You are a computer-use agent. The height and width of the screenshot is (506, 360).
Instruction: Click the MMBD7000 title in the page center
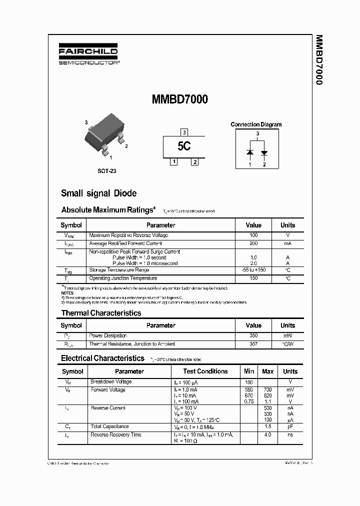179,99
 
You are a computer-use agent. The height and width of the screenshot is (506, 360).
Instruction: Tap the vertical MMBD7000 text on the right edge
318,60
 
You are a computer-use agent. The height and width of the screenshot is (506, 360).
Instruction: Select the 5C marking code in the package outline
184,146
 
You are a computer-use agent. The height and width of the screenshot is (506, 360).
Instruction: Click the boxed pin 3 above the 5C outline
184,132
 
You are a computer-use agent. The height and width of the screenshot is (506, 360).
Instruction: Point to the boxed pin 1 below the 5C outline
173,161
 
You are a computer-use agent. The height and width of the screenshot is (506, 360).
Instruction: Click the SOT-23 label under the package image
106,171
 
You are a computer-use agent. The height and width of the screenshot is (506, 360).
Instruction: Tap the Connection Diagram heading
256,124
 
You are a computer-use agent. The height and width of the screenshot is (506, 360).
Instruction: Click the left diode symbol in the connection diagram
250,152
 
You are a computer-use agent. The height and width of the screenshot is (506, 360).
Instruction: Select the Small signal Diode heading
98,193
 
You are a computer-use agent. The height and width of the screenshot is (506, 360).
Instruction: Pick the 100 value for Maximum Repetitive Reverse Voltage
253,235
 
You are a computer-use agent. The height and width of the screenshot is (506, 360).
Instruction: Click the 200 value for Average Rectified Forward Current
253,243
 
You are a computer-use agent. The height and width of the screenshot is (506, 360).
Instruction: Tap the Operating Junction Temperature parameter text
123,278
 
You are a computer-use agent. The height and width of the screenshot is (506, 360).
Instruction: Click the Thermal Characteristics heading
101,313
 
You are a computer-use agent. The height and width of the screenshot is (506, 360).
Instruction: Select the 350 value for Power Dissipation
253,336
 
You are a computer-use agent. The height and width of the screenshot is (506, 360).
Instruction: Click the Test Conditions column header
205,371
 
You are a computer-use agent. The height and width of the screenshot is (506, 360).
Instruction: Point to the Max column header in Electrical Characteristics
268,371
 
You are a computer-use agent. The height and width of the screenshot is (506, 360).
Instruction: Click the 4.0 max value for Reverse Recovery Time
268,435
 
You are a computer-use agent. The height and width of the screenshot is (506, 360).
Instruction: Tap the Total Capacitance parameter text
109,426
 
